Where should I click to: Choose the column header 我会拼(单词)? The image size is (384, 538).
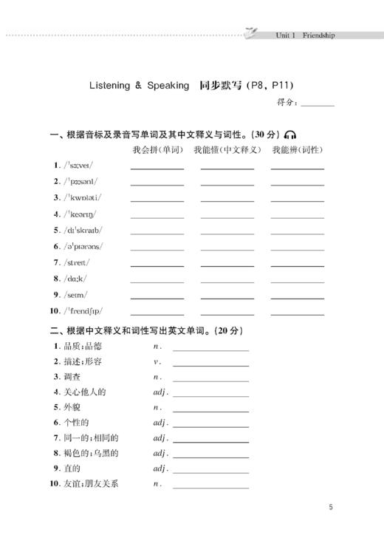click(157, 150)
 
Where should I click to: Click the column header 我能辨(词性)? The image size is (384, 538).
click(297, 150)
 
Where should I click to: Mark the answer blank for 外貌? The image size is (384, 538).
click(210, 407)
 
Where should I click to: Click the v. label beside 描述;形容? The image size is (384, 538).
click(157, 361)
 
